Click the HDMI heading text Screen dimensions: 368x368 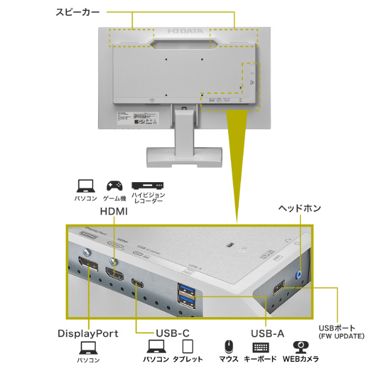click(x=113, y=211)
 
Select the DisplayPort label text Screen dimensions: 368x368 click(x=88, y=334)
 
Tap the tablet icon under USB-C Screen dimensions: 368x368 click(x=188, y=348)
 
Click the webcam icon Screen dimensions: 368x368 click(x=301, y=347)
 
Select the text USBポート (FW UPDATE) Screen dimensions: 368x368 click(x=341, y=332)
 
